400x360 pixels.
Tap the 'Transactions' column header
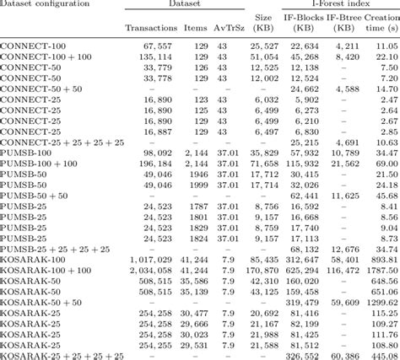coord(150,27)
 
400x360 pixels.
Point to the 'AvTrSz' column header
coord(226,27)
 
